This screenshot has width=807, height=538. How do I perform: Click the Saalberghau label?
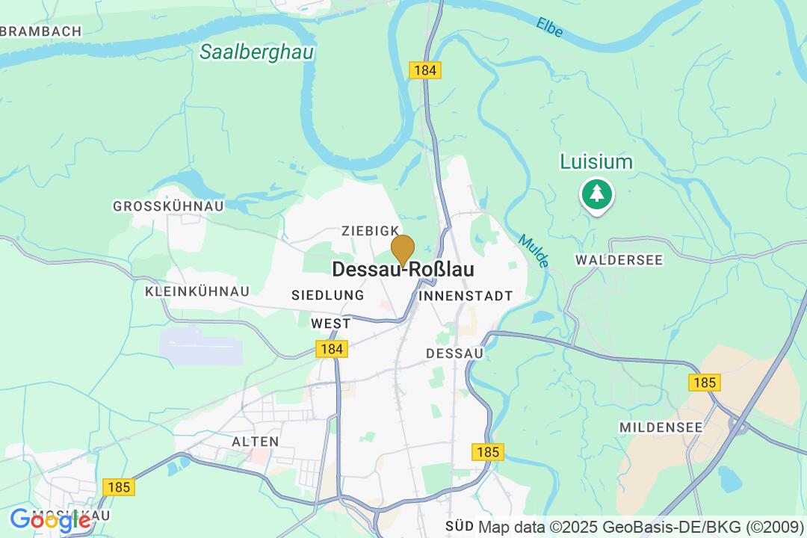(x=257, y=52)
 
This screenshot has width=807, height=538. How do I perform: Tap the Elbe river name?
(x=549, y=27)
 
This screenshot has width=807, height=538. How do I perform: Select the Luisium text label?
(x=596, y=162)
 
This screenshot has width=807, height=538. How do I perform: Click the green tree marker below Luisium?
(x=596, y=195)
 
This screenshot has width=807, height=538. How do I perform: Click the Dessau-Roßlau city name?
(x=403, y=270)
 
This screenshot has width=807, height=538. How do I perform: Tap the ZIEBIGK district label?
(x=370, y=232)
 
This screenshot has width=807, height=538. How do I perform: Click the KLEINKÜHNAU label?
(x=197, y=291)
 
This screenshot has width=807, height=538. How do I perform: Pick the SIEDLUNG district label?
(x=327, y=295)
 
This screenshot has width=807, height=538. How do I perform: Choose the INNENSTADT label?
(x=466, y=296)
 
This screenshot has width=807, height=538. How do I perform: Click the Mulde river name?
(x=534, y=252)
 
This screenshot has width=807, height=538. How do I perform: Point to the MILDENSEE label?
(x=661, y=427)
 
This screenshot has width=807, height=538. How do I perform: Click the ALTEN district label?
(x=255, y=442)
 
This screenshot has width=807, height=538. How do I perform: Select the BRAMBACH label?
(x=42, y=31)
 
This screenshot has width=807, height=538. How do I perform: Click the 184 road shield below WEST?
(x=331, y=349)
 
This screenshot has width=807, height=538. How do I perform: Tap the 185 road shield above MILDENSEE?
(x=704, y=383)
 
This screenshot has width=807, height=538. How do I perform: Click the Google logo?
(x=50, y=520)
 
